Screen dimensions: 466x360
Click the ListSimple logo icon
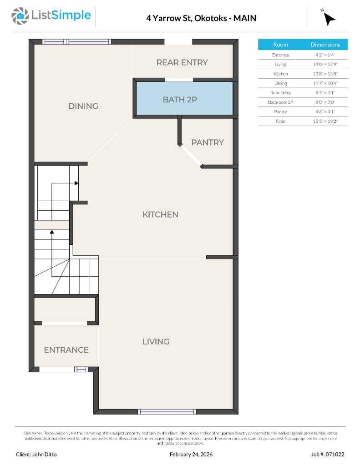click(20, 16)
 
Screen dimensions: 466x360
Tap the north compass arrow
click(329, 18)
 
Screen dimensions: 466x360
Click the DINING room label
click(83, 106)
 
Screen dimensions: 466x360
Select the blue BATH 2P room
click(183, 99)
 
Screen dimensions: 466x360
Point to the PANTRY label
click(208, 142)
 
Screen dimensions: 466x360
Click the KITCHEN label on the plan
click(160, 214)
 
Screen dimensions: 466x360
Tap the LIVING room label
click(156, 341)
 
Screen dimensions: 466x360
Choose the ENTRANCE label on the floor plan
click(66, 349)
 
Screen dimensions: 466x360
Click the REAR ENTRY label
click(182, 62)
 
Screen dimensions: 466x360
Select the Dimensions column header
click(325, 45)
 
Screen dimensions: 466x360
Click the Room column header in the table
click(280, 45)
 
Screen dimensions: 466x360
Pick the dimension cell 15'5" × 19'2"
click(325, 121)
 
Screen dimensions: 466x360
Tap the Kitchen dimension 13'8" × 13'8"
click(325, 74)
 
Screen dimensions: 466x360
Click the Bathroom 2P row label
click(280, 102)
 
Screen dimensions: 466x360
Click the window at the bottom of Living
click(167, 412)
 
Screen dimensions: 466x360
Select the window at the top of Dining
click(76, 41)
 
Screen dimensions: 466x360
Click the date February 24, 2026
click(191, 454)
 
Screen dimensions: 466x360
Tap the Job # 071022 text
click(328, 454)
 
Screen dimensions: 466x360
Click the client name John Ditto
click(36, 454)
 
